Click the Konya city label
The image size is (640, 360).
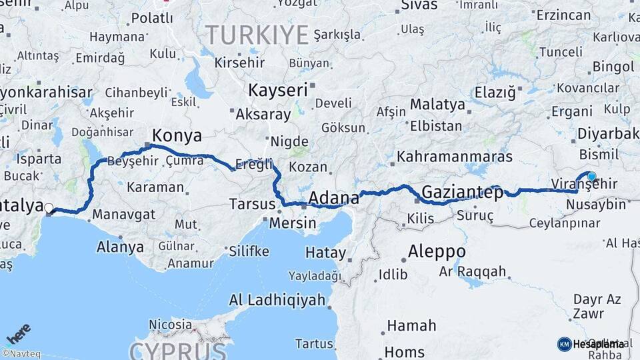tap(177, 136)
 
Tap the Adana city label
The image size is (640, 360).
tap(335, 198)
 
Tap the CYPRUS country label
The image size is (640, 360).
tap(178, 351)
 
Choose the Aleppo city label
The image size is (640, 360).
tap(437, 252)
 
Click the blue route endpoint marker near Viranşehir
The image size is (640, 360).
tap(591, 177)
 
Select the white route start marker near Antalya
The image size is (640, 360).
tap(49, 208)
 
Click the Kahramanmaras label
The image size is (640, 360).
tap(455, 157)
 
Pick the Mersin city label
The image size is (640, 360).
tap(293, 223)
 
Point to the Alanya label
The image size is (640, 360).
tap(120, 247)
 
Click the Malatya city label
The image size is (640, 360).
tap(437, 105)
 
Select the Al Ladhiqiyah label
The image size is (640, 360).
tap(277, 300)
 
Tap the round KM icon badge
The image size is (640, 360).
tap(564, 344)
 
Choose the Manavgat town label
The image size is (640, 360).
tap(124, 215)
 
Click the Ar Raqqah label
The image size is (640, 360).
tap(473, 272)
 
